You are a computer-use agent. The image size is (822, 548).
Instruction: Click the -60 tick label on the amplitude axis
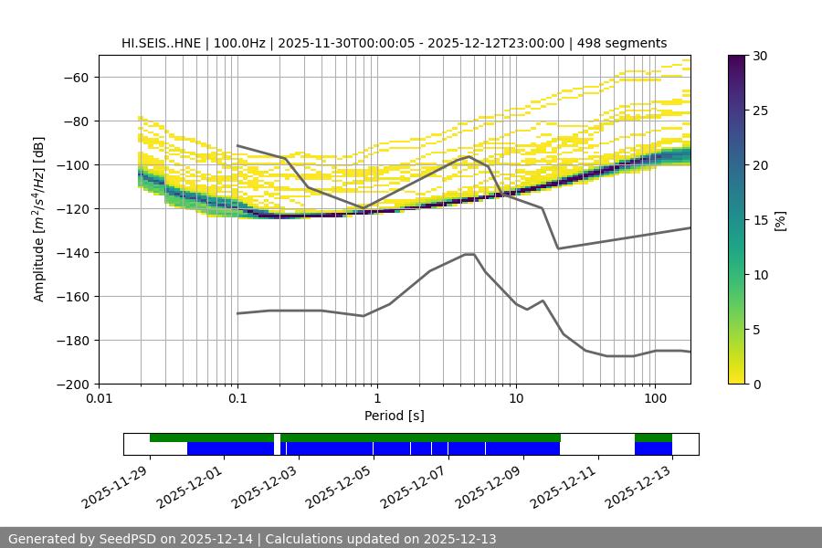tap(77, 77)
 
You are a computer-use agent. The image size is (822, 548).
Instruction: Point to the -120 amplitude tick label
tap(73, 208)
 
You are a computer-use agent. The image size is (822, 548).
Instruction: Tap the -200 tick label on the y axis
tap(73, 384)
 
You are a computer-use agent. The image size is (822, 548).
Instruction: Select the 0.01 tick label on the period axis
tap(99, 399)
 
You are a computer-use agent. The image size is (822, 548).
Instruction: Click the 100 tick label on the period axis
tap(654, 399)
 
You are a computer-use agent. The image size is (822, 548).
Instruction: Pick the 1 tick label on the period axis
tap(376, 399)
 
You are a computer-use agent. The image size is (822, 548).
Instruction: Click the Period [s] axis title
tap(395, 416)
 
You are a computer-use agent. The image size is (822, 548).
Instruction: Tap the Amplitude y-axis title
tap(39, 219)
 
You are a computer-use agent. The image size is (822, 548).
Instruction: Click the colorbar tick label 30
tap(760, 56)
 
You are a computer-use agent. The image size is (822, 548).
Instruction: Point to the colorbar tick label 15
tap(760, 220)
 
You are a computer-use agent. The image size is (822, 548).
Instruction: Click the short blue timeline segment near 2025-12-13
tap(653, 448)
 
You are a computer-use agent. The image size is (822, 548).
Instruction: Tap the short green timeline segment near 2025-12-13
tap(653, 437)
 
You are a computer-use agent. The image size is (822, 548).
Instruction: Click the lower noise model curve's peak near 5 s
tap(469, 254)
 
